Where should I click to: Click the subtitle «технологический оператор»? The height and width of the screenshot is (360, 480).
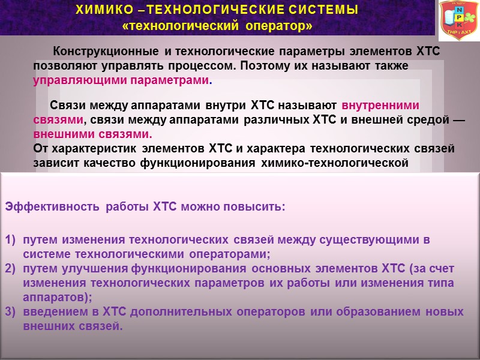(217, 26)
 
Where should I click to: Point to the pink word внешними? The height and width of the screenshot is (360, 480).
(63, 133)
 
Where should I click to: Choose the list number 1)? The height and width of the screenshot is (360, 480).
(10, 241)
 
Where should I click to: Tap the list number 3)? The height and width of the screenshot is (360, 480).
(10, 313)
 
